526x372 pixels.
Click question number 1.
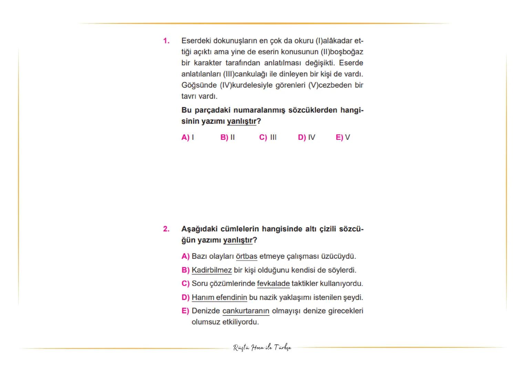(166, 41)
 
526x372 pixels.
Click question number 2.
(166, 229)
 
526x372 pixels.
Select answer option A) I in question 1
(187, 137)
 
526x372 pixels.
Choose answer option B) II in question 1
(227, 137)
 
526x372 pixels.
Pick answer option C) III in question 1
(268, 137)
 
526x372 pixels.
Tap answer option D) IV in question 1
(306, 137)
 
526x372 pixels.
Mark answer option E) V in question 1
(343, 137)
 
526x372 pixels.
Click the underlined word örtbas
(247, 257)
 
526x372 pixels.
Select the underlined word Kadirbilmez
(212, 270)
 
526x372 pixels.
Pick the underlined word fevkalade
(273, 284)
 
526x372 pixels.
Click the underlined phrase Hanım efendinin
(219, 297)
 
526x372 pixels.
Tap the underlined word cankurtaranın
(246, 311)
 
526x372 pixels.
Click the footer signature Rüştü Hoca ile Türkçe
(262, 348)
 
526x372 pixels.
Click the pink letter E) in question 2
(185, 311)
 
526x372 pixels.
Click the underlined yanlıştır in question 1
(241, 121)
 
